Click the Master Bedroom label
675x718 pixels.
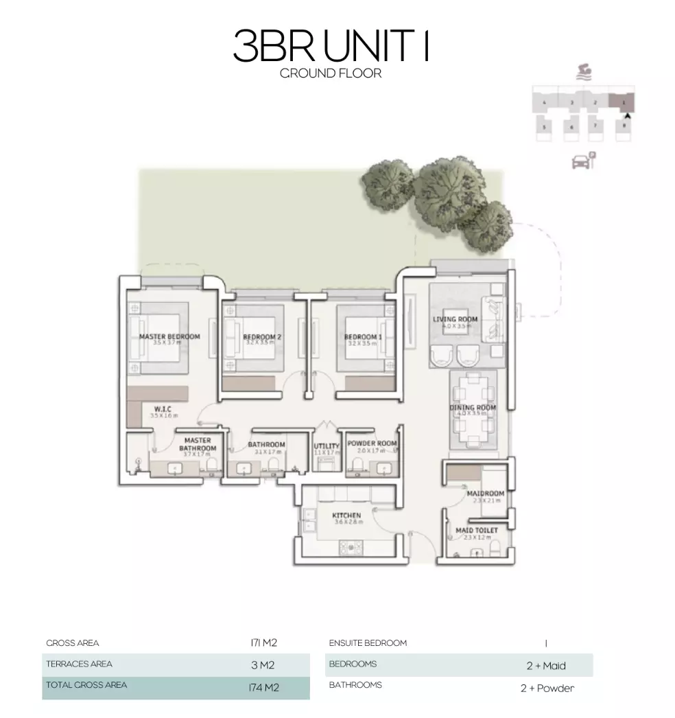click(169, 336)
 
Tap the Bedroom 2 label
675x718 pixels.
click(262, 336)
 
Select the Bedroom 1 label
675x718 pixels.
click(363, 336)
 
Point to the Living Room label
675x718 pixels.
click(455, 319)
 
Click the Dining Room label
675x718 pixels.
click(472, 408)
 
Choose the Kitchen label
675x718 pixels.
click(346, 516)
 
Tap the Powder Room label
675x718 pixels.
click(372, 443)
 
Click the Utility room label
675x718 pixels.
click(327, 446)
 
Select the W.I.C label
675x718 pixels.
click(163, 409)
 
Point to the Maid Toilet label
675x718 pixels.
click(477, 530)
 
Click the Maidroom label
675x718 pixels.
click(485, 494)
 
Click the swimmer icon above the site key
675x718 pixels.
click(584, 71)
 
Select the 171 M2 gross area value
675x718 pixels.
click(263, 643)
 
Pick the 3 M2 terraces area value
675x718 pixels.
click(263, 664)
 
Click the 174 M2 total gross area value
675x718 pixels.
click(263, 686)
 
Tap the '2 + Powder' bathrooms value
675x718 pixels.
click(547, 688)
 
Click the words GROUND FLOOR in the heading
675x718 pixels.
click(331, 73)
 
